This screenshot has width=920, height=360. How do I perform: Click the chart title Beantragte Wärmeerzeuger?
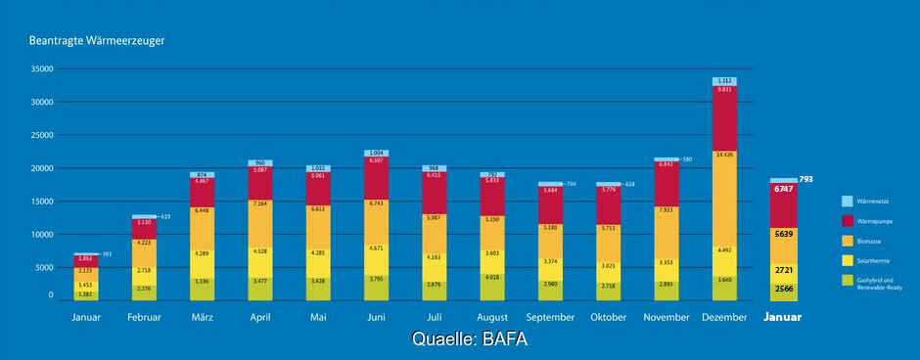[x=95, y=41]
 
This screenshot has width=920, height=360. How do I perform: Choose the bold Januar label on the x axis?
[x=782, y=318]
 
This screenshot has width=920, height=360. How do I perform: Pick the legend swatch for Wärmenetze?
[x=848, y=202]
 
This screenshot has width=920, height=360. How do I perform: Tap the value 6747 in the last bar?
[x=783, y=189]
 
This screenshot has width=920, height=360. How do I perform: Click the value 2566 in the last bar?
[x=783, y=289]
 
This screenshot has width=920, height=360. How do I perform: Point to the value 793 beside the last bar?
[x=806, y=179]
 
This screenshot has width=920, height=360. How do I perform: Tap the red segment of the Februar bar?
[x=144, y=228]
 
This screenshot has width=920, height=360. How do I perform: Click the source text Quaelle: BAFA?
[x=470, y=339]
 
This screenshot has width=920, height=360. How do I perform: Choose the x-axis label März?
[x=202, y=318]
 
